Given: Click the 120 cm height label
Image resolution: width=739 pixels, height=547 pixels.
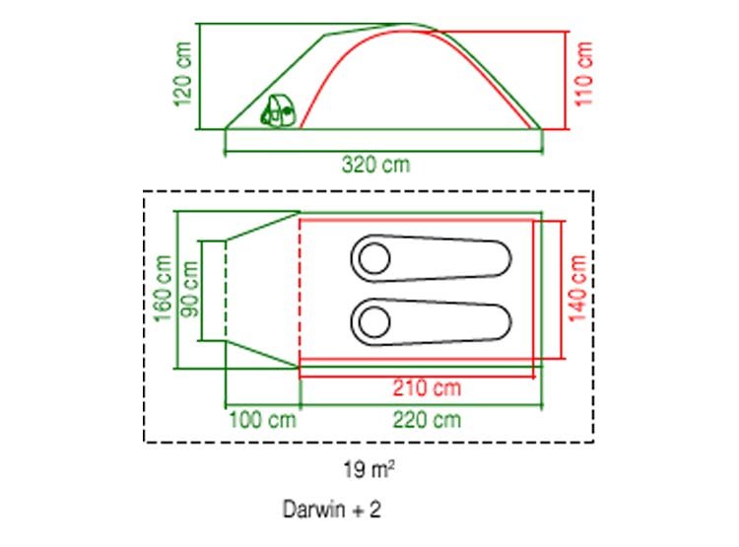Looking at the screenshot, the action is click(x=183, y=74).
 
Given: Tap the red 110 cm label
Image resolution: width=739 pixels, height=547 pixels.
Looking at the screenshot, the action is click(x=584, y=74).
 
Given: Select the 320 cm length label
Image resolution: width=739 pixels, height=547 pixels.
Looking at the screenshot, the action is click(x=375, y=165).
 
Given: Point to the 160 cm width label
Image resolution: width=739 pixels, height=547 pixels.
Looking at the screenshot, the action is click(x=163, y=288).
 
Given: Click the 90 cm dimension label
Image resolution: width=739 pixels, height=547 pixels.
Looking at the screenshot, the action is click(x=190, y=289).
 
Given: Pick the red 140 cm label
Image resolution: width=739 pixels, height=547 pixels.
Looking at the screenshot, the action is click(x=577, y=289).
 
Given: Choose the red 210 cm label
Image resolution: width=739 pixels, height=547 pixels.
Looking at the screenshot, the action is click(x=427, y=387).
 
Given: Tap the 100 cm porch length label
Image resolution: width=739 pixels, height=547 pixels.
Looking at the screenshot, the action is click(x=262, y=420).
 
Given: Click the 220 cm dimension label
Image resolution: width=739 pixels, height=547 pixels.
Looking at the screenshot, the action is click(x=427, y=420).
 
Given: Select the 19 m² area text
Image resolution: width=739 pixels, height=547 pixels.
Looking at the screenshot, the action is click(x=369, y=470).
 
